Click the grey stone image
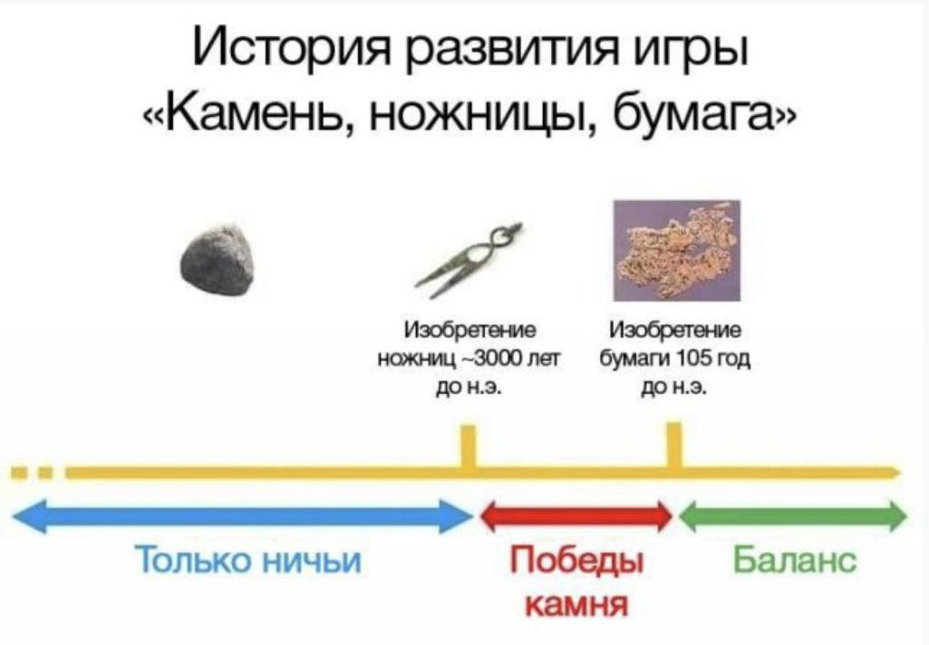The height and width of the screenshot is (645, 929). click(218, 261)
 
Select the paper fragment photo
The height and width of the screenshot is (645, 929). click(677, 251)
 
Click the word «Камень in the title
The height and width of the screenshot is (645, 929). click(250, 112)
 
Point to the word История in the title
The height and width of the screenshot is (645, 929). click(290, 50)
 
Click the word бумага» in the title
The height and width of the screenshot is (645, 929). click(704, 112)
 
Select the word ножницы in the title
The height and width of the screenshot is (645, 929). click(483, 113)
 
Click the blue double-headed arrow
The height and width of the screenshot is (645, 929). click(242, 516)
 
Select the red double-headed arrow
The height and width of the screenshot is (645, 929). click(576, 516)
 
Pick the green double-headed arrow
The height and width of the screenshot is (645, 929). click(793, 515)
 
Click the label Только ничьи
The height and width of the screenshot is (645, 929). click(248, 559)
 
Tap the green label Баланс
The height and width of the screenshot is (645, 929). click(795, 559)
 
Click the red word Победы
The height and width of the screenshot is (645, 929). click(576, 561)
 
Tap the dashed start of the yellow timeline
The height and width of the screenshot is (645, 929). click(33, 473)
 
